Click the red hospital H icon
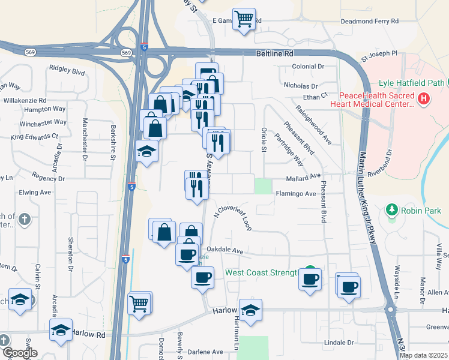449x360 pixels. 424,98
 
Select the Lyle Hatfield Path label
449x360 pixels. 411,83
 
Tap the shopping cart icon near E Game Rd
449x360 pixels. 244,19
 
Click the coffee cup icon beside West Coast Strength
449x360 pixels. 310,279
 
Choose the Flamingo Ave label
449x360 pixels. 295,194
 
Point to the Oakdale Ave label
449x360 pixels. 224,250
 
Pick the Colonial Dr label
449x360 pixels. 309,67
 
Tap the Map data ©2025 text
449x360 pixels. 423,355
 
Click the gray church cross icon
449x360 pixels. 24,220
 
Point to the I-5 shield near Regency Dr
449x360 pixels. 131,187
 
